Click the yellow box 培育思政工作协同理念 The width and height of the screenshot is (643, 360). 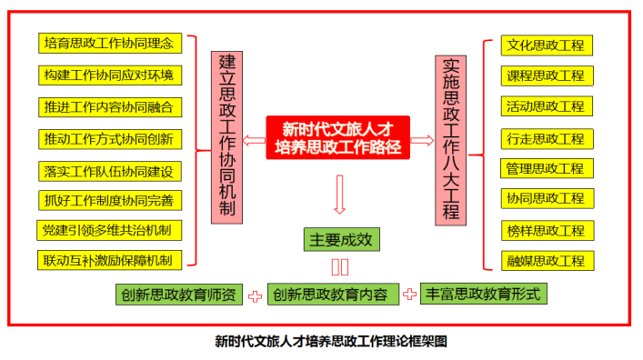click(x=110, y=43)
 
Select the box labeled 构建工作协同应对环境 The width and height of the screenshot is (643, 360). click(x=110, y=75)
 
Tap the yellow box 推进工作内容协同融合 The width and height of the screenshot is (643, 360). click(x=110, y=107)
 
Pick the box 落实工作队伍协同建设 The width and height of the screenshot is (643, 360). click(x=110, y=172)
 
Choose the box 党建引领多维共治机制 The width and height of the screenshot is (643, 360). click(x=109, y=230)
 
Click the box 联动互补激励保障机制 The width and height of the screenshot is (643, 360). click(x=109, y=260)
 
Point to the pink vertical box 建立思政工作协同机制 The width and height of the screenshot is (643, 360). click(x=226, y=137)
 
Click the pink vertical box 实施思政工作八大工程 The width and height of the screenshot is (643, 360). click(x=451, y=140)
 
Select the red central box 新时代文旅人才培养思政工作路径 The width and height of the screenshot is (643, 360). click(x=338, y=137)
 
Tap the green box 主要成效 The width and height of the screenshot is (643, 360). click(x=342, y=239)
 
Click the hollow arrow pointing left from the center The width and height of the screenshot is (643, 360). click(x=255, y=141)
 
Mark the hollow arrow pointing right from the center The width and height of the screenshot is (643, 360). click(x=422, y=141)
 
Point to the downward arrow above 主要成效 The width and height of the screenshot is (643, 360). click(x=339, y=195)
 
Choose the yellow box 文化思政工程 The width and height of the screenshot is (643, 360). click(x=547, y=45)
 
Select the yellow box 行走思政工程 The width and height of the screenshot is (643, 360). click(x=547, y=138)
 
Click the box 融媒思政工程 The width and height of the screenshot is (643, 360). click(x=548, y=261)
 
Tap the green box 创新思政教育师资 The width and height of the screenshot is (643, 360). click(x=179, y=295)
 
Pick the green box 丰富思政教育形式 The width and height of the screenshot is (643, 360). click(x=484, y=294)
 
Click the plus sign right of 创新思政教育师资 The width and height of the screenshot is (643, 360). click(x=255, y=296)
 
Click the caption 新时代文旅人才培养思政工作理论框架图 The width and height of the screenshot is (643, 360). click(x=331, y=341)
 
